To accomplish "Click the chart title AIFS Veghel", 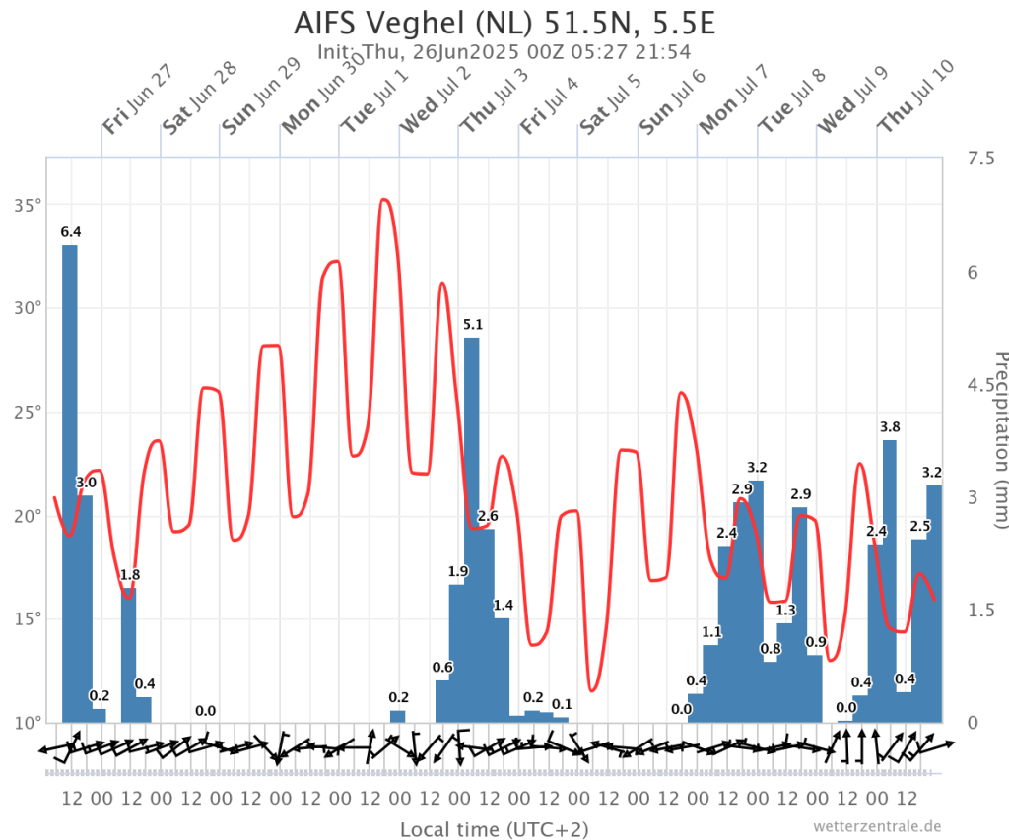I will (x=503, y=22).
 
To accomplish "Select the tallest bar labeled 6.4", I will (x=70, y=483).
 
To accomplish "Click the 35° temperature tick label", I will (x=27, y=206).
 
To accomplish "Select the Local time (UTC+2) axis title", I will (x=494, y=829).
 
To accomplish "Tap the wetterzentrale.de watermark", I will (x=878, y=825).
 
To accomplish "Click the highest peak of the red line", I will (x=384, y=200).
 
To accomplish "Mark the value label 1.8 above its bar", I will (x=130, y=574).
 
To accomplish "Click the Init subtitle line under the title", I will (x=503, y=52).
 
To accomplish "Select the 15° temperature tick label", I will (x=27, y=618).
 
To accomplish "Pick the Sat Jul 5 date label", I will (x=612, y=99).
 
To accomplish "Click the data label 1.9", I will (x=457, y=571).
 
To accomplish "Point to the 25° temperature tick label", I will (x=27, y=413).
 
